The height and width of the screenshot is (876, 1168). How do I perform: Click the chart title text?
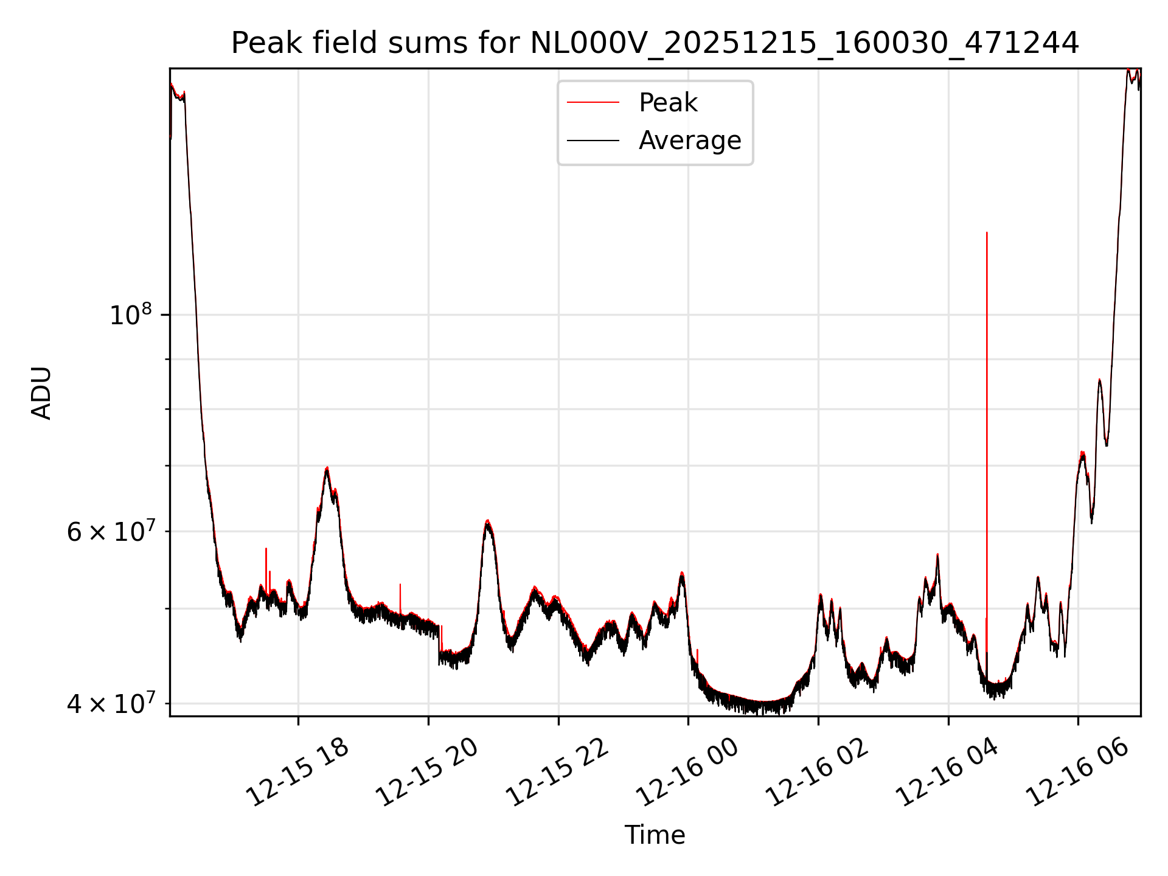[x=655, y=43]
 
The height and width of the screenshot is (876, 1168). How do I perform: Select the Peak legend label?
[x=667, y=103]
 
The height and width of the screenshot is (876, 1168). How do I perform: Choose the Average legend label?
[x=689, y=141]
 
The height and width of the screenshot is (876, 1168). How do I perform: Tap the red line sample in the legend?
[x=593, y=103]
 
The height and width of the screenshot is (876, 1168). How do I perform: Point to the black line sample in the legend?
[x=593, y=141]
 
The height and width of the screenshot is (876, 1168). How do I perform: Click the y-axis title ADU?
[x=41, y=393]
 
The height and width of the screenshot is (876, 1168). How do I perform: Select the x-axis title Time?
[x=655, y=835]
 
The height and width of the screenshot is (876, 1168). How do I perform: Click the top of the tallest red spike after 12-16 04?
[x=987, y=233]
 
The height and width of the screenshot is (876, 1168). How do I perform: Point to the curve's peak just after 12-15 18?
[x=327, y=468]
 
